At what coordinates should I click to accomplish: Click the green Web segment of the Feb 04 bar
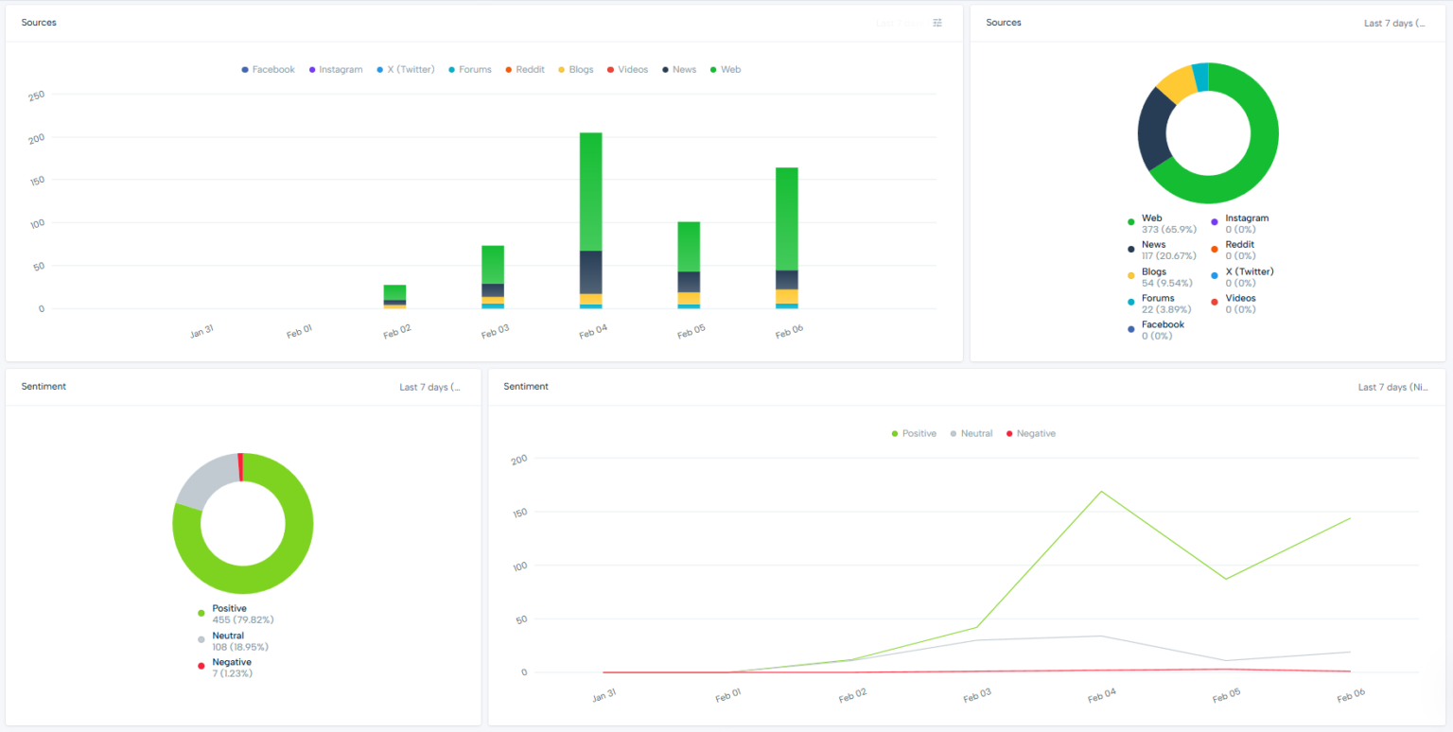pos(590,192)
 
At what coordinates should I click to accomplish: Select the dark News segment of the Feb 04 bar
pos(590,272)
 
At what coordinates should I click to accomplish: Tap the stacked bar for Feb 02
pos(394,296)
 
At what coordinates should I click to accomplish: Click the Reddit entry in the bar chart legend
pos(525,70)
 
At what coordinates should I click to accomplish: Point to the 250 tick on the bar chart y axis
pos(37,95)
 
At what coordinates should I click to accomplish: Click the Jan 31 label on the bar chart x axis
pos(201,331)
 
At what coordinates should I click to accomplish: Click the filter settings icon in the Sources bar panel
pos(937,23)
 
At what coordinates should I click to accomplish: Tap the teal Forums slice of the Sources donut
pos(1199,78)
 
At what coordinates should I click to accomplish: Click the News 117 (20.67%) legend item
pos(1162,250)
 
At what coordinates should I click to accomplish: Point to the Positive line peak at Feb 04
pos(1101,491)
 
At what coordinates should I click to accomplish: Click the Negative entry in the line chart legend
pos(1030,433)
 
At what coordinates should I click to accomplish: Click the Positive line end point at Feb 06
pos(1350,518)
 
